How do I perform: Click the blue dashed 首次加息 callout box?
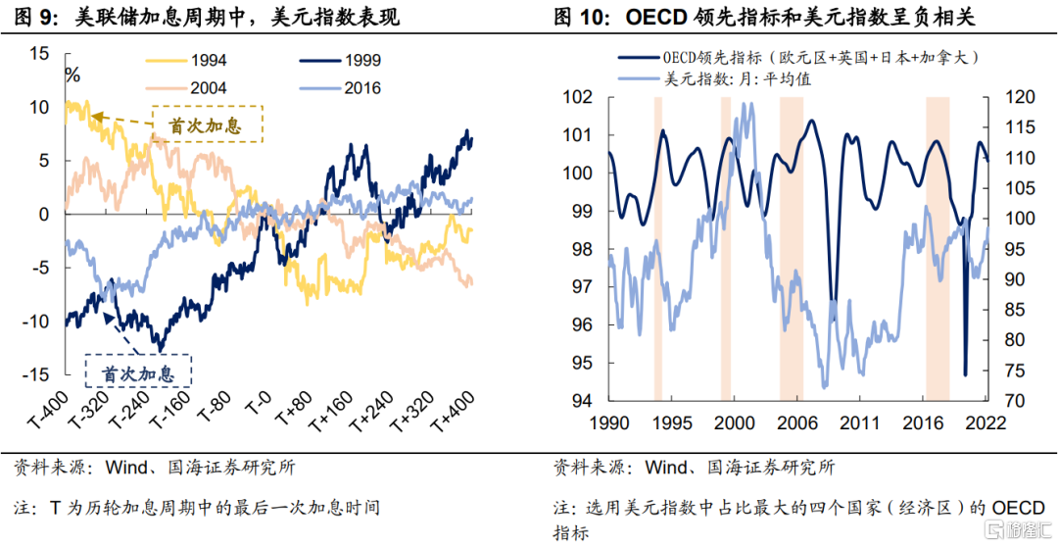pyautogui.click(x=139, y=373)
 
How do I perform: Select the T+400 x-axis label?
pyautogui.click(x=452, y=411)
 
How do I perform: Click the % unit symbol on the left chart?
pyautogui.click(x=72, y=74)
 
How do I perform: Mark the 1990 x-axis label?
pyautogui.click(x=608, y=423)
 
